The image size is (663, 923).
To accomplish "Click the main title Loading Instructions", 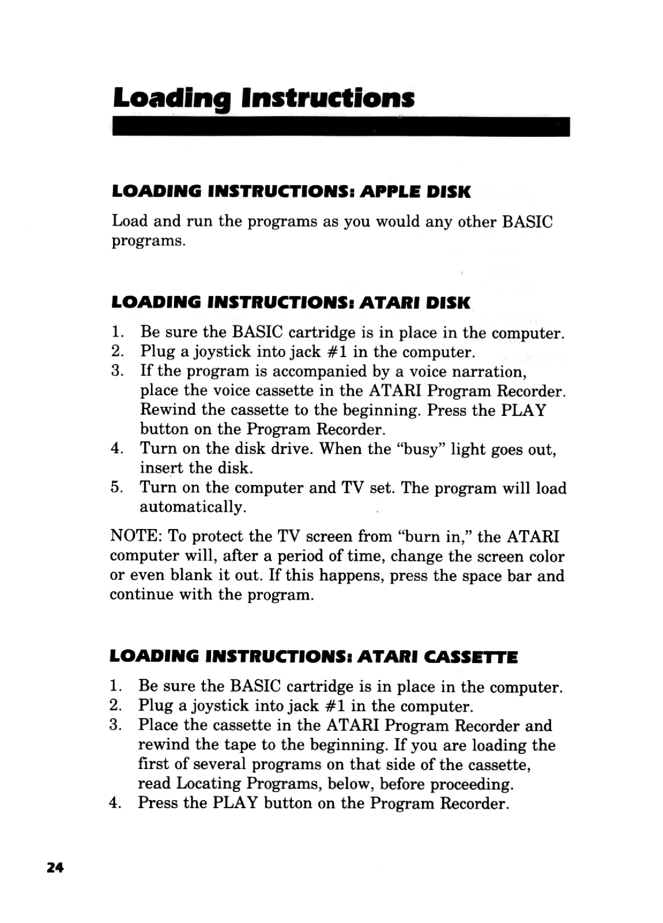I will pos(263,99).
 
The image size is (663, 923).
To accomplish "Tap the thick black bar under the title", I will pos(341,126).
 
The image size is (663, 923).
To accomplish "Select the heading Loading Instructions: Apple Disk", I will pos(292,192).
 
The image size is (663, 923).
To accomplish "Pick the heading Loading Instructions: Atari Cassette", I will pos(314,656).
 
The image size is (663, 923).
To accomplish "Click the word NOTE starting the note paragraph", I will pos(135,537).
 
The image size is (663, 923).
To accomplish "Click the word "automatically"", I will pos(194,507).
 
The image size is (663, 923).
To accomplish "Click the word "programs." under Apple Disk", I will pos(148,241).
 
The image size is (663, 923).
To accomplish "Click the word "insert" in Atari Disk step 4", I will pos(161,468).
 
